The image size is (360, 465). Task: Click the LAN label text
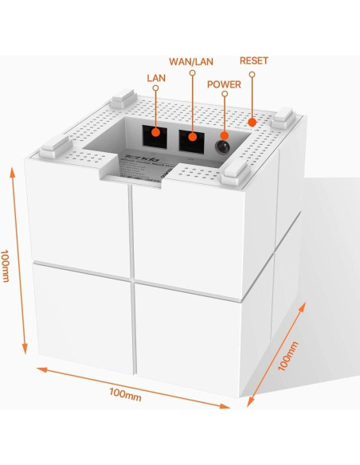tap(156, 77)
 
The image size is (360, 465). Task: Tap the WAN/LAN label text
tap(192, 61)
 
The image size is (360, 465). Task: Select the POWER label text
tap(224, 83)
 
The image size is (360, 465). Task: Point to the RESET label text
tap(254, 61)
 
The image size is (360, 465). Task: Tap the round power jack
tap(224, 146)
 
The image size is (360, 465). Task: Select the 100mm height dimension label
tap(7, 268)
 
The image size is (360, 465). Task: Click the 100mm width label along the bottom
tap(126, 393)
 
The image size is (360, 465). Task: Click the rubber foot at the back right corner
tap(284, 117)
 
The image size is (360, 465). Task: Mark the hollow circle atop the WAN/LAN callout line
tap(193, 72)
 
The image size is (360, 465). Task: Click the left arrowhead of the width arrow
tap(37, 368)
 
